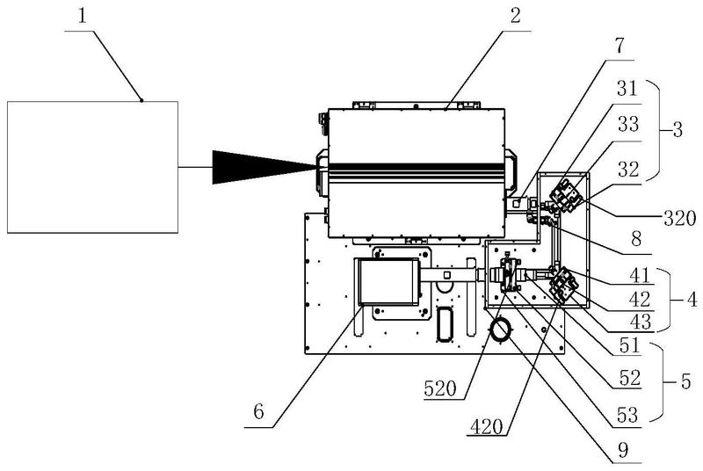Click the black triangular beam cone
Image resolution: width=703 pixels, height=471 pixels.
coord(265,167)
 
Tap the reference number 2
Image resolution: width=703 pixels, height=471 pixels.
coord(516,16)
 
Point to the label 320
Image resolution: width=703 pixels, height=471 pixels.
coord(679,219)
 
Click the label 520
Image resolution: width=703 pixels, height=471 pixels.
coord(440,389)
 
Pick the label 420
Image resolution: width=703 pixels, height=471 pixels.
coord(487,426)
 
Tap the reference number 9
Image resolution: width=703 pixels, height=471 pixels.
coord(623,451)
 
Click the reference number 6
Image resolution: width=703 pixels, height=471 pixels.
coord(259,411)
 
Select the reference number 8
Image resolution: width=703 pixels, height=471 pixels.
coord(636,239)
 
